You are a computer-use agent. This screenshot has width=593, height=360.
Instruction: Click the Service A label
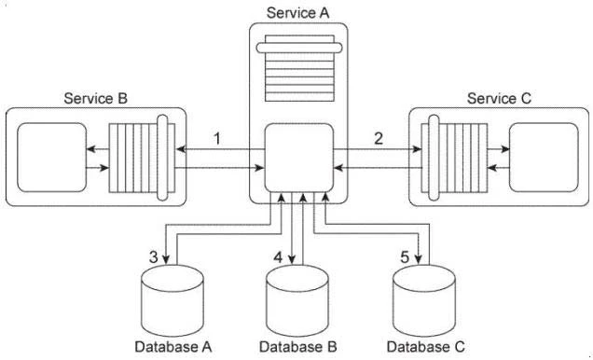tap(297, 12)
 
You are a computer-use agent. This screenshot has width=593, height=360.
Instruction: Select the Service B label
tap(96, 98)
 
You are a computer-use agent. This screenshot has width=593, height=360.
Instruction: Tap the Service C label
tap(499, 98)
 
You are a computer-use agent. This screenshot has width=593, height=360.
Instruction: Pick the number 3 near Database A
tap(153, 256)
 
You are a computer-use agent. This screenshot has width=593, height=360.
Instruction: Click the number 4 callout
tap(277, 256)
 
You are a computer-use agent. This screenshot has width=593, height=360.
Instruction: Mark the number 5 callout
tap(404, 256)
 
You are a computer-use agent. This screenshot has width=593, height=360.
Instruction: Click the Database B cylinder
tap(297, 297)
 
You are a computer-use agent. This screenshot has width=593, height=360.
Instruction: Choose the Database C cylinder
tap(426, 297)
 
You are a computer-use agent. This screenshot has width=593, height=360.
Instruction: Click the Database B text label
tap(297, 348)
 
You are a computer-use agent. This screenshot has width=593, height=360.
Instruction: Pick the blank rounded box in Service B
tap(48, 154)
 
